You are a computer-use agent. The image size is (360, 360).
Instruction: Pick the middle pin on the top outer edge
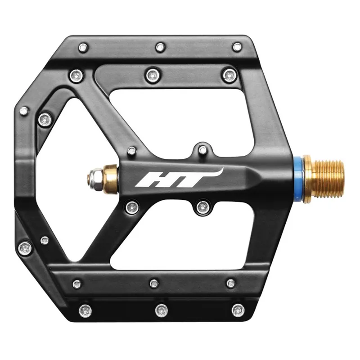coord(160,47)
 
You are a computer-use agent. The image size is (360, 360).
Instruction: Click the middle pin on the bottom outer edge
coord(161,310)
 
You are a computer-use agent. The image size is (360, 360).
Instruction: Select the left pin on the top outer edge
coord(83,47)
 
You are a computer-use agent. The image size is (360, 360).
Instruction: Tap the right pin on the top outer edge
coord(237,47)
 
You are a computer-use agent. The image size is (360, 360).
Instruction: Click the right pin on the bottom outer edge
coord(238,310)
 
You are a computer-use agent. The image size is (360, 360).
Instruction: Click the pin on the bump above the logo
coord(203,149)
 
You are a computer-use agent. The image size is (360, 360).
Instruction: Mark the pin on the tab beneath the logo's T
coord(202,207)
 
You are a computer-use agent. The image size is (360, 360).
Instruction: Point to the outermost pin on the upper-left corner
coord(24,110)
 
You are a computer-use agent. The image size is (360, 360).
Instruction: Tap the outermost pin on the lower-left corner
coord(24,247)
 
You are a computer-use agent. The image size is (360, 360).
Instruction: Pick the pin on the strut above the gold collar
coord(131,151)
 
